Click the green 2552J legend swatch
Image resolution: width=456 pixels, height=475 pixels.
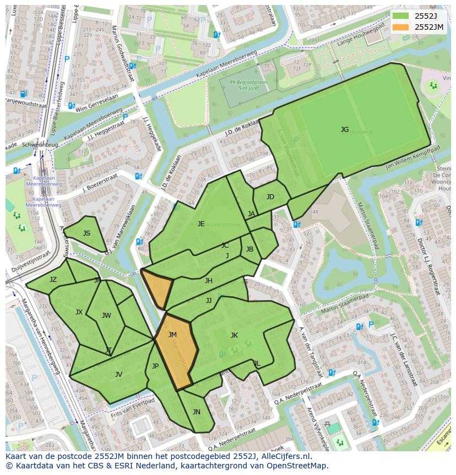[401, 15]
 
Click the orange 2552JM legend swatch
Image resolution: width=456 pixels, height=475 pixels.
[401, 26]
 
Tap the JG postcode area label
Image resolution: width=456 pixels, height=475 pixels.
[345, 130]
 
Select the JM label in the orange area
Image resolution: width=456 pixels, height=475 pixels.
[172, 335]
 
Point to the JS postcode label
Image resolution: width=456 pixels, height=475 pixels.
[86, 233]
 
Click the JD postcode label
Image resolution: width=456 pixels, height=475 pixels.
[270, 197]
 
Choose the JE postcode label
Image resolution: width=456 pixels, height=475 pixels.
[201, 224]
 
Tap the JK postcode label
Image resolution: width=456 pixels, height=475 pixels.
[234, 335]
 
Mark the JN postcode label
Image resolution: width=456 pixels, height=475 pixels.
[197, 412]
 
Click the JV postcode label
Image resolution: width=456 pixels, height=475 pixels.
[118, 375]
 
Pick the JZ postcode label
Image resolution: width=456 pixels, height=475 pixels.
[53, 280]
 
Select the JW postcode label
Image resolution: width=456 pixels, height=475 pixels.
[106, 316]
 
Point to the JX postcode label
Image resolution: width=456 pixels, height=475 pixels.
[79, 312]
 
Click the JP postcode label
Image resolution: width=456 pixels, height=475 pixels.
[155, 366]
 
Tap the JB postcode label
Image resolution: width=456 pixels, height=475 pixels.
[249, 249]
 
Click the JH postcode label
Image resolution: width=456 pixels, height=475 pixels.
[209, 281]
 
